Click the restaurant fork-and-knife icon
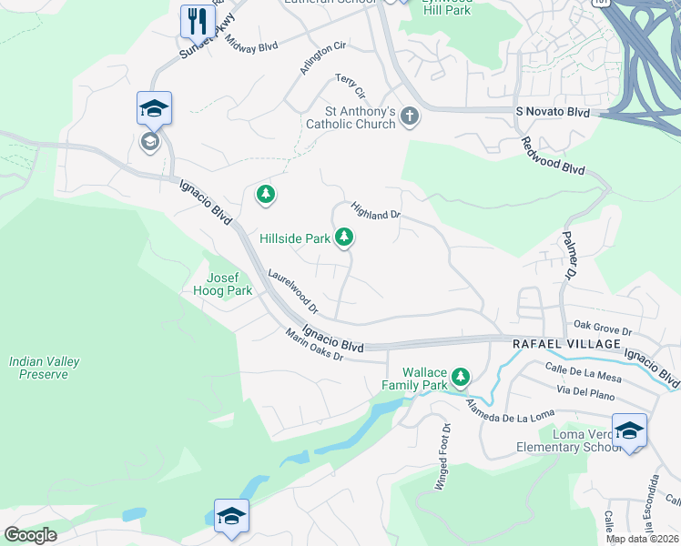(197, 19)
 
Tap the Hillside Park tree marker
(344, 238)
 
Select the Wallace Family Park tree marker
(462, 376)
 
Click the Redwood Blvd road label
(553, 156)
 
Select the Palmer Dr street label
(565, 259)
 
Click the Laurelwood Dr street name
(292, 290)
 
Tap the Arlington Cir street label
(323, 57)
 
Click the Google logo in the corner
(30, 534)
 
